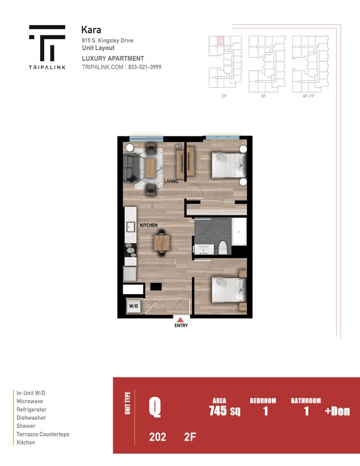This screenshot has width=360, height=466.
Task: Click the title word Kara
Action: tap(91, 29)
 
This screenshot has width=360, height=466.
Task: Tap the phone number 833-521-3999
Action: tap(145, 67)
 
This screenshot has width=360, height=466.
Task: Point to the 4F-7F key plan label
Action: tap(308, 96)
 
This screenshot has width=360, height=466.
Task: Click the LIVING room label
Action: tap(171, 181)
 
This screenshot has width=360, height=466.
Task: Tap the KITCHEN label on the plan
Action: tap(149, 225)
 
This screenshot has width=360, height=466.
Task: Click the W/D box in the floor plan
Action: tap(133, 305)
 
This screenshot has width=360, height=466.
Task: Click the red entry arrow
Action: tap(181, 319)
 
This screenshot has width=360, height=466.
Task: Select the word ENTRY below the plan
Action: tap(181, 326)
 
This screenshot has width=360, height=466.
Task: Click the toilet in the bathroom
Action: tap(223, 248)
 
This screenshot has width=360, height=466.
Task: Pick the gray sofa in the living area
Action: tap(130, 167)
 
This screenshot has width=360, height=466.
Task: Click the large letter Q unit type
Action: tap(155, 408)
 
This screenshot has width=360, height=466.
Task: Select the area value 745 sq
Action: tap(224, 411)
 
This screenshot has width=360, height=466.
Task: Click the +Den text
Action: tap(337, 411)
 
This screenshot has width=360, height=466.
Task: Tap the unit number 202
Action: tap(157, 438)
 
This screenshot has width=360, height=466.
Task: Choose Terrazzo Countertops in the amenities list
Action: tap(43, 435)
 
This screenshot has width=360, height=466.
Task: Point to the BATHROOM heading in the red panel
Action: tap(305, 401)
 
